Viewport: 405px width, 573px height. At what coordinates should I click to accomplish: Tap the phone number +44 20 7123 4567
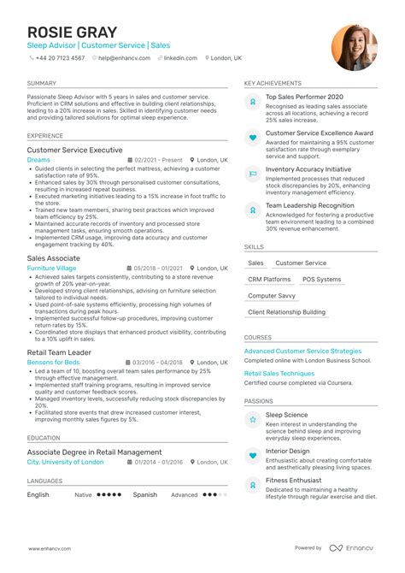click(x=60, y=58)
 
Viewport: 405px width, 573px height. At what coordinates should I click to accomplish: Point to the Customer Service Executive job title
click(x=74, y=150)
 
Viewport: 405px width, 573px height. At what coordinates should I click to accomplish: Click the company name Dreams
click(x=38, y=160)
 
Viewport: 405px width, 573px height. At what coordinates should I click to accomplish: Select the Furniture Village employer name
click(x=51, y=269)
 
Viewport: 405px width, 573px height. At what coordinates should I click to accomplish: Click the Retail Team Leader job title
click(x=59, y=352)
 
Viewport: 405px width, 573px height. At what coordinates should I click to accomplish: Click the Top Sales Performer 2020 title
click(x=304, y=97)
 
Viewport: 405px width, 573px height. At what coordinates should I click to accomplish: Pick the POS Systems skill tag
click(x=321, y=280)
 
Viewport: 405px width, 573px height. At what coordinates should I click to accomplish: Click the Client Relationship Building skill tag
click(x=286, y=313)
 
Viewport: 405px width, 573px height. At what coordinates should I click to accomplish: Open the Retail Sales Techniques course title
click(x=279, y=374)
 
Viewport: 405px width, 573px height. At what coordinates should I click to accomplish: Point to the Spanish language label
click(x=145, y=494)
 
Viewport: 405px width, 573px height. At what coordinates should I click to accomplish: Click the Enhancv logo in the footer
click(x=355, y=548)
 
